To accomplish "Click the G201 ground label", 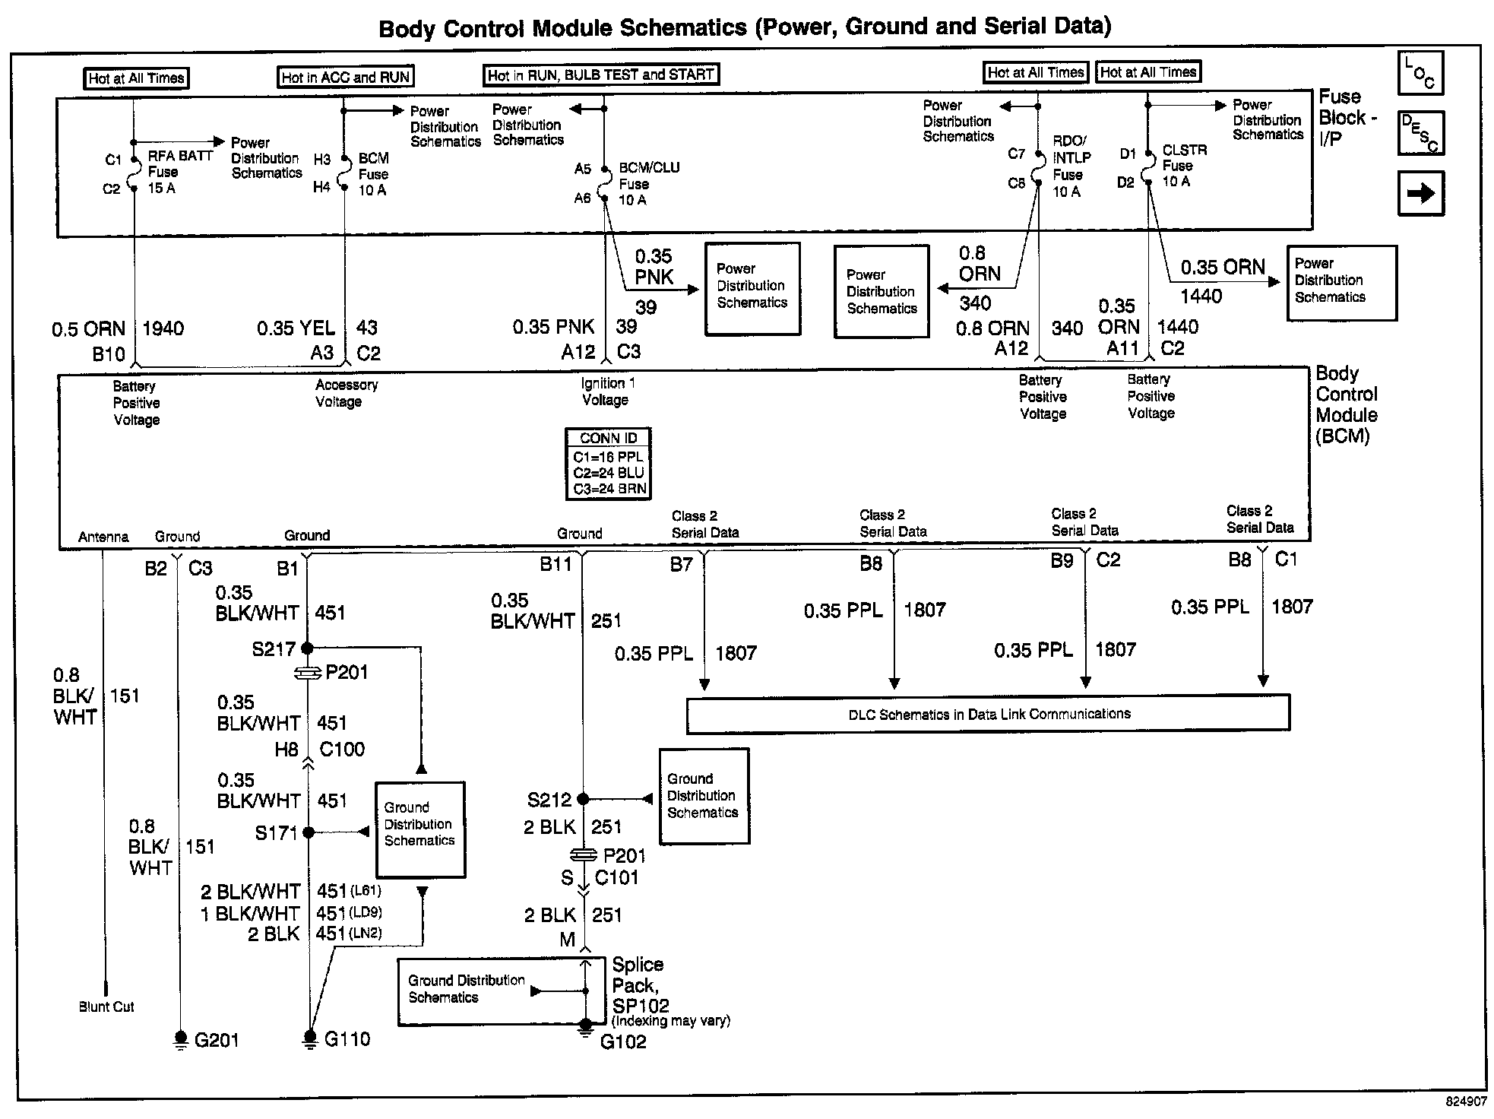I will click(x=217, y=1040).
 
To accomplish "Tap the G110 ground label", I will click(x=347, y=1038).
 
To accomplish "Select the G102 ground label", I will click(x=623, y=1041).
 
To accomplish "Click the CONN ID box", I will click(x=609, y=464).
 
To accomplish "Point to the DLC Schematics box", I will click(x=988, y=714).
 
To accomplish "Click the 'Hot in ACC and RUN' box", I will click(x=346, y=77).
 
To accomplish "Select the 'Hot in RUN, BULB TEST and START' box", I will click(x=601, y=74).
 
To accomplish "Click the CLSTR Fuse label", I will click(x=1183, y=166).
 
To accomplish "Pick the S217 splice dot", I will click(x=307, y=648).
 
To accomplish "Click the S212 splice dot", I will click(x=583, y=799).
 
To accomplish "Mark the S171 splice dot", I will click(x=309, y=832).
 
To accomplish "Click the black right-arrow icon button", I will click(x=1420, y=193).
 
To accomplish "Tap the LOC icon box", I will click(x=1420, y=73).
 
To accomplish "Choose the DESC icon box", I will click(x=1420, y=133).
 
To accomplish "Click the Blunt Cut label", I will click(x=106, y=1006).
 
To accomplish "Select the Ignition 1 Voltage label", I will click(x=606, y=391).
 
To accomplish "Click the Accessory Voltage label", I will click(x=346, y=393).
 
